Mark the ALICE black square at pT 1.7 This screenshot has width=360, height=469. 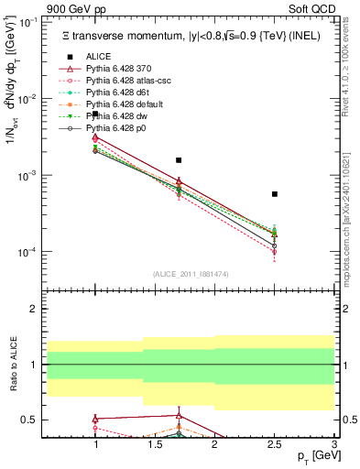pyautogui.click(x=179, y=160)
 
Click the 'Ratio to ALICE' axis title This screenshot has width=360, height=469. pyautogui.click(x=12, y=365)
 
